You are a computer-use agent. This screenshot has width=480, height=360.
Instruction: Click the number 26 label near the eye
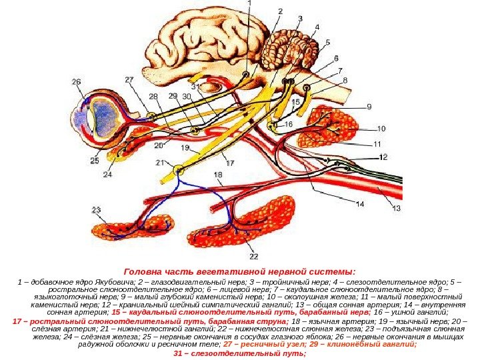pos(77,83)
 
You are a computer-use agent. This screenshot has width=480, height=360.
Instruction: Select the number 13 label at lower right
pos(397,208)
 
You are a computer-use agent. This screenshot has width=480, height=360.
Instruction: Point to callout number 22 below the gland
pos(254,255)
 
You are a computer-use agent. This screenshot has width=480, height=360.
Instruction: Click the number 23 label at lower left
pos(97,210)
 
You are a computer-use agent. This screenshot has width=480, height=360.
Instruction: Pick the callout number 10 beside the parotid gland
pos(381,129)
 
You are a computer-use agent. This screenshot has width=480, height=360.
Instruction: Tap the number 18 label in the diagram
pos(218,175)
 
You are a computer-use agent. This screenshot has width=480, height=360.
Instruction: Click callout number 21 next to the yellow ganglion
pos(160,162)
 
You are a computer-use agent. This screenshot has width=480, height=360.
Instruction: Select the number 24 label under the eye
pos(107,175)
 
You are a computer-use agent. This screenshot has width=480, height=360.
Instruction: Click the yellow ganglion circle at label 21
pos(178,170)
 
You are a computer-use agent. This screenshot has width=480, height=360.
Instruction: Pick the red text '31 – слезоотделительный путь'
pos(239,353)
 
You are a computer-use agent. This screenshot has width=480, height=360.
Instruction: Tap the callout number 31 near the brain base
pos(195,87)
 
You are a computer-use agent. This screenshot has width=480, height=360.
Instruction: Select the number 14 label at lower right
pos(359,205)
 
